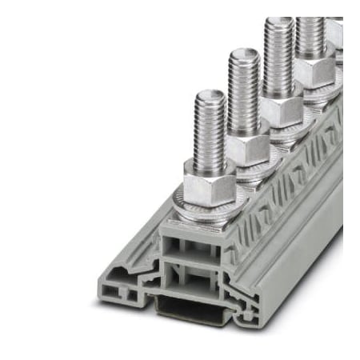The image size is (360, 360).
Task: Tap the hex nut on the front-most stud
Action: [x=209, y=189]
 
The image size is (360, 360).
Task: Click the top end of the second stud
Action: [x=244, y=54]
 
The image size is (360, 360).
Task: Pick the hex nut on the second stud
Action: [x=246, y=147]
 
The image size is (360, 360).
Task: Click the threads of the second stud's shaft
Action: [x=245, y=96]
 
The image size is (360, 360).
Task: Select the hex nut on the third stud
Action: [x=281, y=110]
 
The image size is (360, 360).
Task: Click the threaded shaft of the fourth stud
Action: [x=310, y=36]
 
